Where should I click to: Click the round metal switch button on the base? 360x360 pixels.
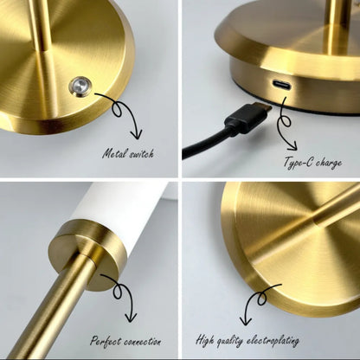[80, 87]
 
